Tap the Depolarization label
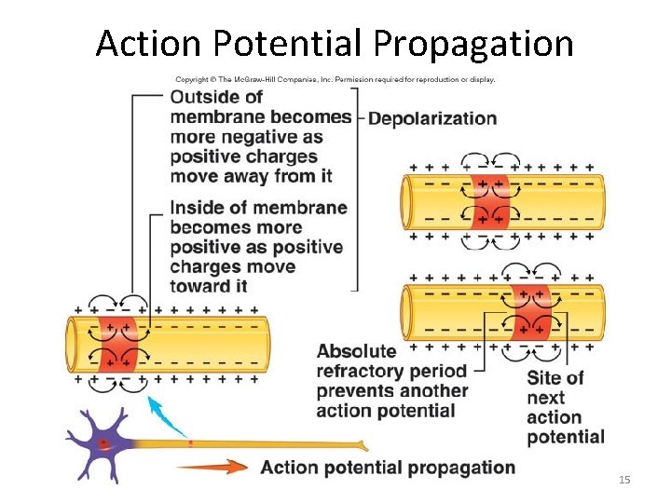point(433,118)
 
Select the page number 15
point(624,479)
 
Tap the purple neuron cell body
point(103,444)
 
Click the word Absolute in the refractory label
point(356,351)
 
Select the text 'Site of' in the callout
point(555,377)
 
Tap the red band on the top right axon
point(491,201)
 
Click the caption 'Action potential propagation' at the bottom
point(388,468)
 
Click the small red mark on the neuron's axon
point(190,443)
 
